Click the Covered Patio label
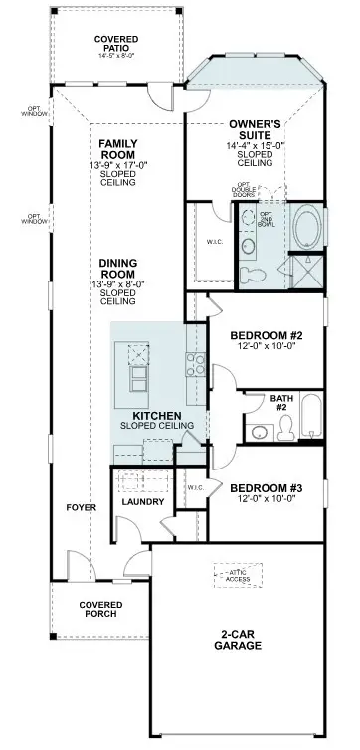coord(116,44)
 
